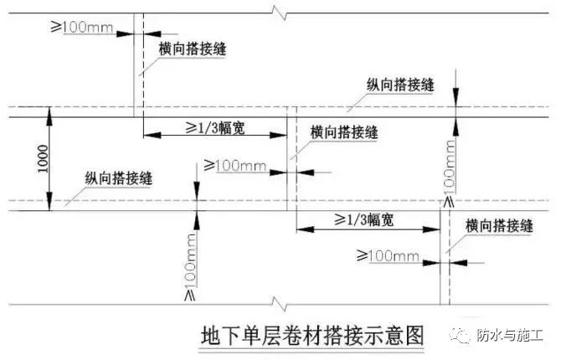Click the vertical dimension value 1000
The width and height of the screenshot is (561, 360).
coord(43,158)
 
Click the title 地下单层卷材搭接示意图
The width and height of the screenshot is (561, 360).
coord(311,336)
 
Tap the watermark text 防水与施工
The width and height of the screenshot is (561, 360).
coord(509,336)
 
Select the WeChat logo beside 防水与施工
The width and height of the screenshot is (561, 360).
coord(461,336)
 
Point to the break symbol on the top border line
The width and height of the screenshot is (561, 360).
coord(280,13)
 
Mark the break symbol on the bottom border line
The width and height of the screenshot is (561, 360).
coord(280,304)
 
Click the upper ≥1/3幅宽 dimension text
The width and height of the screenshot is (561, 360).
coord(215,127)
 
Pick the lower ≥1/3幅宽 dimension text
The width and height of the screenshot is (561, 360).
coord(364,219)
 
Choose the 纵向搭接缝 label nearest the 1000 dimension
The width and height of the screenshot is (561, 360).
coord(118,177)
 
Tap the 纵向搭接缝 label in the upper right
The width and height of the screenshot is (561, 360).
coord(400,85)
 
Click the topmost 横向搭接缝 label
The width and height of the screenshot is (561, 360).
coord(192,49)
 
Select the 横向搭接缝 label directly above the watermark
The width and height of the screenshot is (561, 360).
coord(499,226)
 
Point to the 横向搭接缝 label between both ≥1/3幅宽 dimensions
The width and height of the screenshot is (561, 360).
coord(344,132)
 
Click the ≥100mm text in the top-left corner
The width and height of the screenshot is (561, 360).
coord(81,27)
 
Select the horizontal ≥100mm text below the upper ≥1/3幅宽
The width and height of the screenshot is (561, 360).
coord(235,165)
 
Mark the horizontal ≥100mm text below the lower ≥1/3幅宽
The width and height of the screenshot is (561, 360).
coord(388,256)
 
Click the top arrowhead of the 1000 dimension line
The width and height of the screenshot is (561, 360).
coord(49,116)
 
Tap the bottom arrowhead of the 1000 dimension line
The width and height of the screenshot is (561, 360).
coord(49,203)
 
